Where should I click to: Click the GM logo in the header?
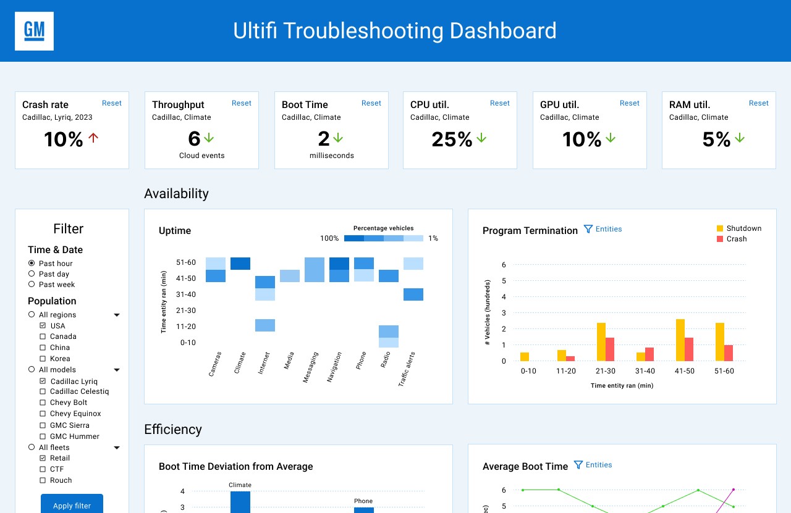click(x=34, y=31)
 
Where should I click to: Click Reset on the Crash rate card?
click(x=112, y=103)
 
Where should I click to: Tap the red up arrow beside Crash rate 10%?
click(x=93, y=138)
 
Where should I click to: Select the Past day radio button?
click(x=32, y=274)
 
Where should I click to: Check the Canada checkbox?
click(x=43, y=336)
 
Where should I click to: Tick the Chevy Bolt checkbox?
click(x=43, y=402)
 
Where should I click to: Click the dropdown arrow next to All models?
click(x=117, y=370)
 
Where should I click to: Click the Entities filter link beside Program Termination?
click(x=603, y=229)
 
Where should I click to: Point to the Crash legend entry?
click(x=732, y=239)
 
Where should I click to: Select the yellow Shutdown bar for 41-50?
click(x=680, y=340)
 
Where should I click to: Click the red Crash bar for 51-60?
click(x=729, y=353)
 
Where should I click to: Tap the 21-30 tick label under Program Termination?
click(x=605, y=371)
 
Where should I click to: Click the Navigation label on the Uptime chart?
click(x=334, y=367)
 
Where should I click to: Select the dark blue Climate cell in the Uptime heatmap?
click(x=240, y=264)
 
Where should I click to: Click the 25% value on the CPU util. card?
click(x=452, y=140)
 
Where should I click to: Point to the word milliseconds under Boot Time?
click(x=332, y=156)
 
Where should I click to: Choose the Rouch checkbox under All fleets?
click(x=43, y=480)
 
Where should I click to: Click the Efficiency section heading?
click(x=173, y=430)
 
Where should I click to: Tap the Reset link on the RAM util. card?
click(x=758, y=103)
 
